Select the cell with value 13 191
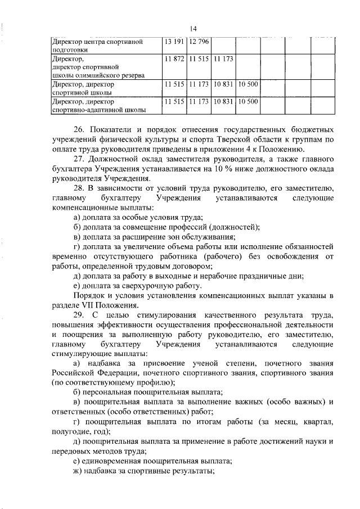click(x=173, y=42)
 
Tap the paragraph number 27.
click(x=78, y=159)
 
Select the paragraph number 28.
click(x=78, y=188)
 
